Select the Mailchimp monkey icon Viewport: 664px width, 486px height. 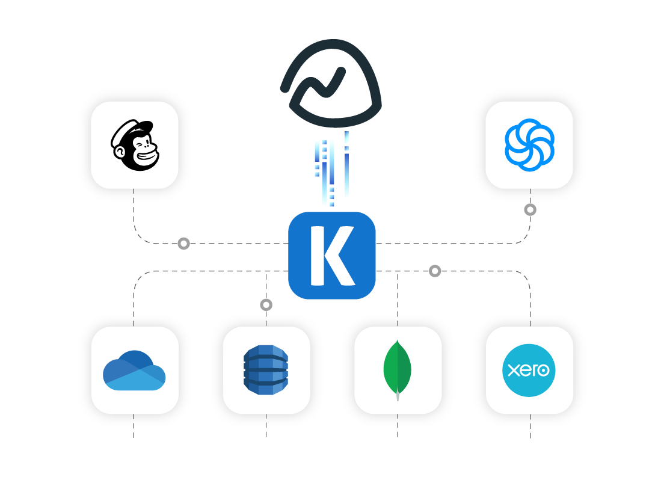point(135,145)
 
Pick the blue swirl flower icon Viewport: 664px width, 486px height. point(529,144)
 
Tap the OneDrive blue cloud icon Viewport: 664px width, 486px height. point(135,371)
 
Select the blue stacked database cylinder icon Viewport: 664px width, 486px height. point(266,371)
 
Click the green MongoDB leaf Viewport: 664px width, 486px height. point(398,367)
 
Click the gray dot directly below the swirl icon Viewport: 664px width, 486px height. point(530,210)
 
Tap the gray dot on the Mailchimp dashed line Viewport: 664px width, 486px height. point(184,244)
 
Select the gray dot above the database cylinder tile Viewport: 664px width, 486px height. point(266,305)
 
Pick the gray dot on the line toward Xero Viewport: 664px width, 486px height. point(435,271)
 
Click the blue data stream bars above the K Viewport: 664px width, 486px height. point(331,171)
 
